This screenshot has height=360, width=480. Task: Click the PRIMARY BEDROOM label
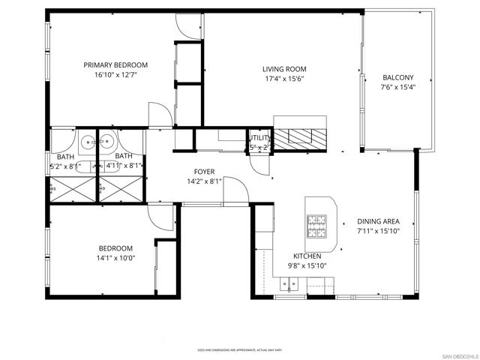[x=115, y=64]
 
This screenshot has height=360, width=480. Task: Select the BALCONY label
[x=397, y=77]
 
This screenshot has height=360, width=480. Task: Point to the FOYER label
[x=205, y=172]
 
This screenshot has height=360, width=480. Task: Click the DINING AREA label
[x=378, y=221]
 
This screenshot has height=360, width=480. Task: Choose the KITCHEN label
[x=307, y=256]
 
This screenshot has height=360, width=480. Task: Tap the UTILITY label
[x=259, y=138]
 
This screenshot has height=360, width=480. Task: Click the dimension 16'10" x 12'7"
[x=115, y=75]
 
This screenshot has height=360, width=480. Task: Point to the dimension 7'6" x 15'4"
[x=397, y=87]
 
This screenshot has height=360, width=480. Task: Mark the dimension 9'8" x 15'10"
[x=307, y=265]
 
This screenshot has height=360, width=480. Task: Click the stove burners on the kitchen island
[x=316, y=223]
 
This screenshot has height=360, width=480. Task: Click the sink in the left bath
[x=88, y=140]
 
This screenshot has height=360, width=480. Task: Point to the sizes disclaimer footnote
[x=239, y=349]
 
